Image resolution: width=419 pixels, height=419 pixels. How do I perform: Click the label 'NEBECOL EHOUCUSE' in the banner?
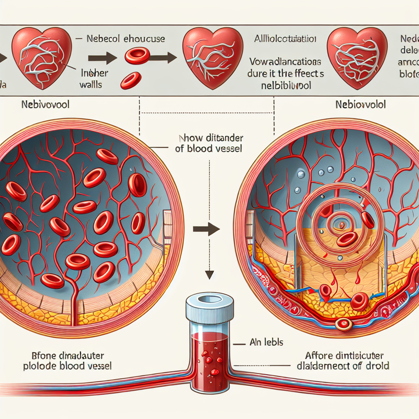click(126, 39)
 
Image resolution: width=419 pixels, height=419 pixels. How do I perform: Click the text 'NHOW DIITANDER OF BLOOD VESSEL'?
click(208, 144)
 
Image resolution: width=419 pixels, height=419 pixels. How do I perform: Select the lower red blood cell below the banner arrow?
click(131, 80)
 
